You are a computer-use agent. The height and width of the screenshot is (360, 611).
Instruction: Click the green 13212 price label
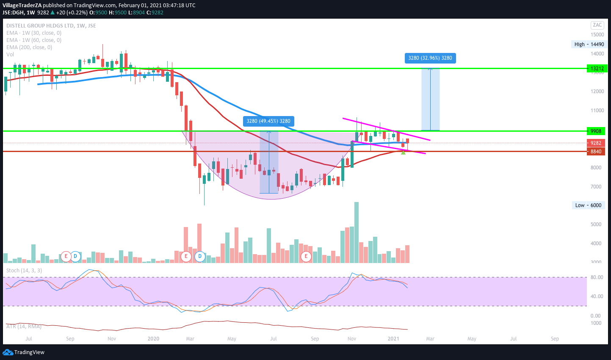(x=597, y=69)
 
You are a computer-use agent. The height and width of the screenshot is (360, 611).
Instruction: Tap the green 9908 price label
(x=596, y=131)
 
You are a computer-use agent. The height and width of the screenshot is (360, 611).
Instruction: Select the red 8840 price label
(x=596, y=152)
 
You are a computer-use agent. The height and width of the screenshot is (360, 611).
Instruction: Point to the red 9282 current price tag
(x=596, y=143)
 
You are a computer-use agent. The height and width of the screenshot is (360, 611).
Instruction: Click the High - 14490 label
(x=589, y=44)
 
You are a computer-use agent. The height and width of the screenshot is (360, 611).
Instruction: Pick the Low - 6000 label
(x=588, y=205)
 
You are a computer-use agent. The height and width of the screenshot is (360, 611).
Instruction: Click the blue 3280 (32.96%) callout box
(x=430, y=58)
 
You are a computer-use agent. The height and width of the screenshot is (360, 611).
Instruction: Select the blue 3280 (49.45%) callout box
(x=268, y=122)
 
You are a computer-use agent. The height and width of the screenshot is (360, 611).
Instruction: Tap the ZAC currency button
(x=597, y=25)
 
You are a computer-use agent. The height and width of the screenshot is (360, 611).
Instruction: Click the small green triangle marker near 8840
(x=403, y=152)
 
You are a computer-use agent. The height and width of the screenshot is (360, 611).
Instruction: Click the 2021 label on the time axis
(x=393, y=339)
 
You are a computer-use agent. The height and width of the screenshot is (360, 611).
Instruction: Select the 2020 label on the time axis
(x=153, y=339)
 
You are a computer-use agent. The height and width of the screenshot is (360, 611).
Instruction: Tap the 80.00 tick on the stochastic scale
(x=597, y=278)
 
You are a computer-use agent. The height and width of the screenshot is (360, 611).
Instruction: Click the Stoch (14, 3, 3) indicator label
(x=24, y=271)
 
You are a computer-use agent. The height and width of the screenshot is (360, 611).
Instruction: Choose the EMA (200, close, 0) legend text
(x=29, y=47)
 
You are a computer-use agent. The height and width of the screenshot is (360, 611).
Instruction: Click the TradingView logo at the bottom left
(x=24, y=352)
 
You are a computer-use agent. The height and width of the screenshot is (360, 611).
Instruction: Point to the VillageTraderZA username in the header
(x=22, y=6)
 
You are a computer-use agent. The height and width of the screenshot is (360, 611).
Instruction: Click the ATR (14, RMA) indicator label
(x=24, y=327)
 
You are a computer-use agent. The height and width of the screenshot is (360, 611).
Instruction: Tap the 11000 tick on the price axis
(x=597, y=111)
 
